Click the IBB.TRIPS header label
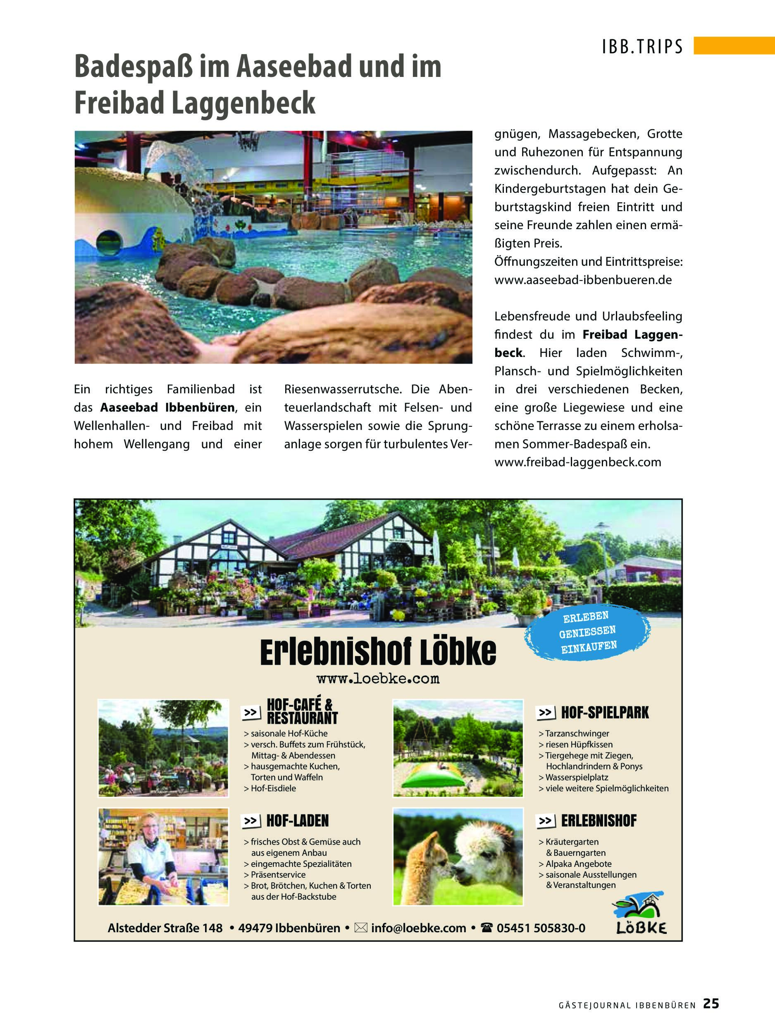coord(642,47)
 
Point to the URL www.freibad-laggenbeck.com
coord(578,462)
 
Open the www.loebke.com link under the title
coord(378,679)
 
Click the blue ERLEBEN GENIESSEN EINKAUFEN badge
coord(588,632)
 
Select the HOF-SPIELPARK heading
coord(604,713)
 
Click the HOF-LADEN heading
coord(297,820)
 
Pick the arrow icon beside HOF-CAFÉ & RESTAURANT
coord(251,712)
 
